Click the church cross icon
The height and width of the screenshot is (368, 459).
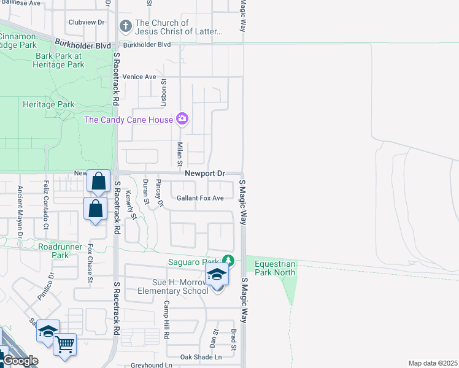click(125, 26)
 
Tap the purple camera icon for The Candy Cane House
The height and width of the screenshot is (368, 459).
click(182, 119)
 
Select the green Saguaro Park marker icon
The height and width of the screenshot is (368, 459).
click(228, 261)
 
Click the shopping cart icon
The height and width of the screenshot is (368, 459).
click(64, 343)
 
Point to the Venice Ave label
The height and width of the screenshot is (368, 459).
click(139, 77)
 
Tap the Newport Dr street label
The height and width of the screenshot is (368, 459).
click(205, 174)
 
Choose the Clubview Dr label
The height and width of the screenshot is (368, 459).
click(84, 21)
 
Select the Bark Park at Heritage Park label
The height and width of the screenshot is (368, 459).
click(59, 60)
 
